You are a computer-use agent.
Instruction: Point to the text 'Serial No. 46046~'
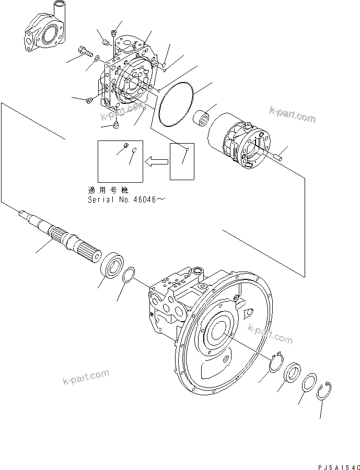pos(127,199)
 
